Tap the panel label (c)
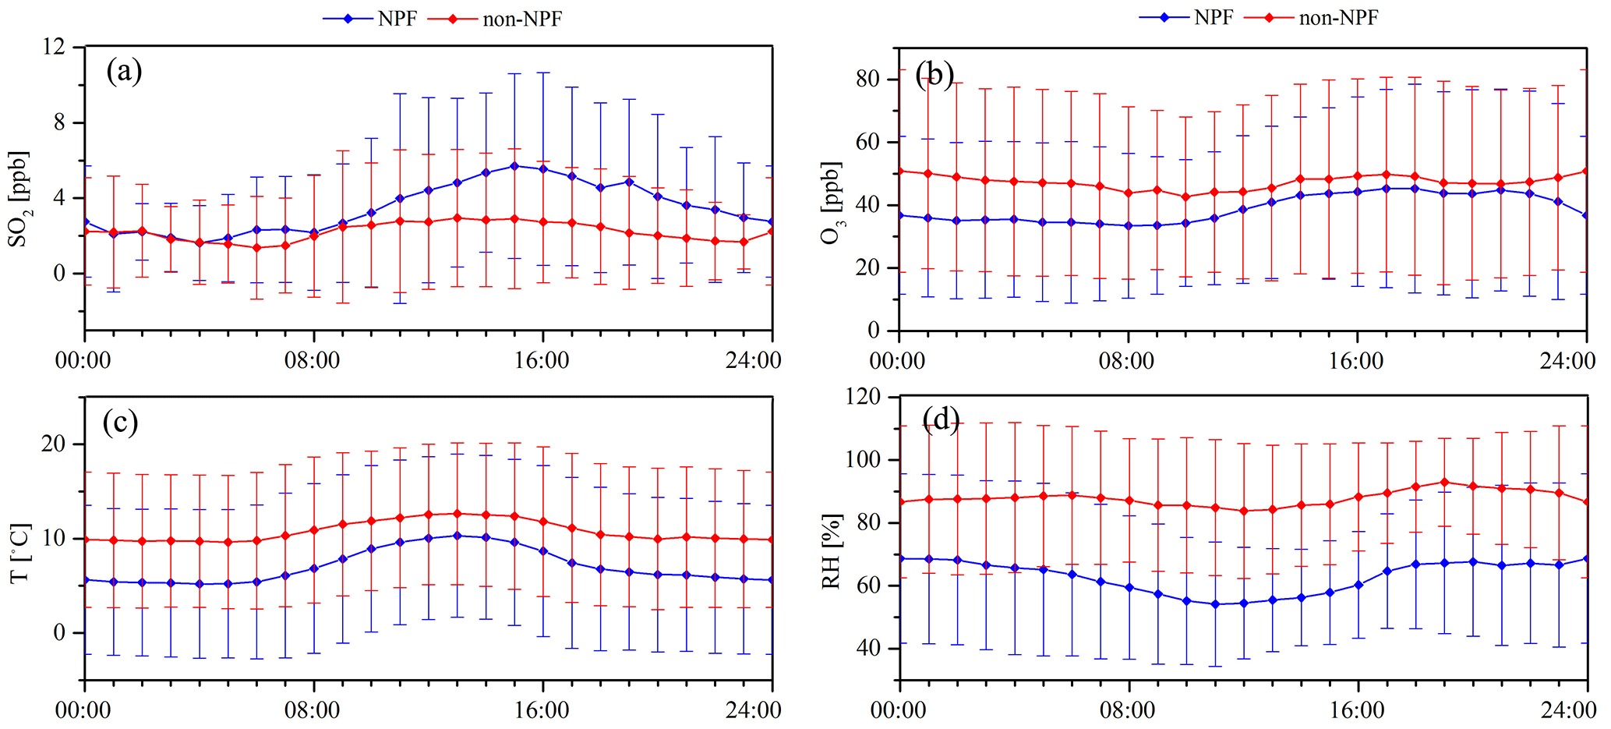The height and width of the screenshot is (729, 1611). coord(121,423)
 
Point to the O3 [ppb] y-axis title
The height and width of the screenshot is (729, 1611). coord(832,203)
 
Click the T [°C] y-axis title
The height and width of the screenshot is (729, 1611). coord(20,552)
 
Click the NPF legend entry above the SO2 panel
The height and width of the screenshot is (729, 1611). coord(371,19)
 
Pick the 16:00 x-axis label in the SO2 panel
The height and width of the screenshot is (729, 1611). coord(542,361)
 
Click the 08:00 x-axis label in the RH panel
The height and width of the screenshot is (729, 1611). coord(1129,711)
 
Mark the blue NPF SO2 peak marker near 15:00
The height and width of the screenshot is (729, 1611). coord(514,166)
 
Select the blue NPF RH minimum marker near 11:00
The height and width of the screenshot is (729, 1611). coord(1214,604)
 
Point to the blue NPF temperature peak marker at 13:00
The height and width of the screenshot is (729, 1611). coord(457,536)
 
